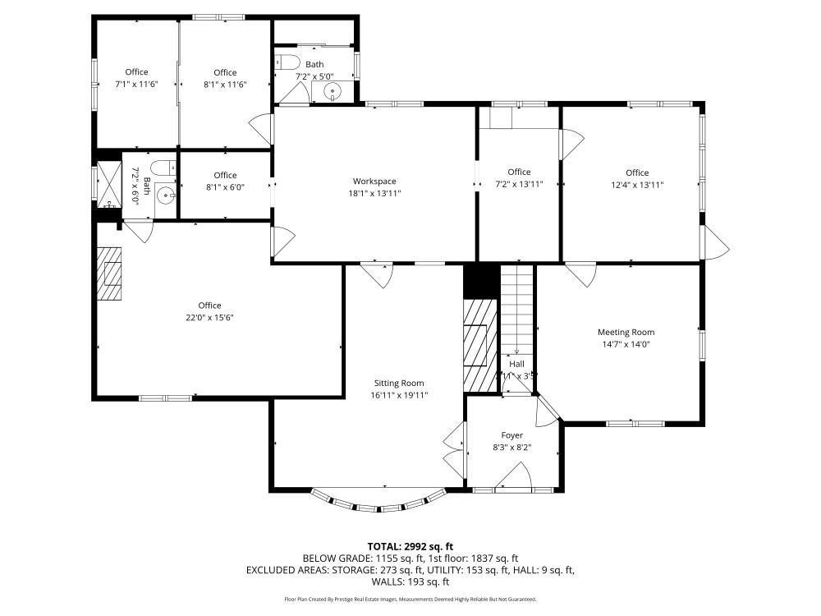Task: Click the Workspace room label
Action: pos(374,182)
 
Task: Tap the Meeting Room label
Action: pos(626,333)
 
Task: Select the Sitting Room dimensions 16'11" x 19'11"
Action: pos(399,395)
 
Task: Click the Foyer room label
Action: pos(512,435)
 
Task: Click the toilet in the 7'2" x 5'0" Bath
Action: pos(287,61)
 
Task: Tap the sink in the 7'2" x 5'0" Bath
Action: pos(333,90)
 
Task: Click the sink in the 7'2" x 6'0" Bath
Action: pos(164,195)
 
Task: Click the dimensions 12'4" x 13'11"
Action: pos(637,185)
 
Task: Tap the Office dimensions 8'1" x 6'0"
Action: pos(225,186)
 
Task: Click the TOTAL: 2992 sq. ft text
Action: pos(410,546)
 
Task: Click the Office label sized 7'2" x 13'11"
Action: pos(519,172)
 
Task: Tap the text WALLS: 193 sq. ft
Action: pos(410,582)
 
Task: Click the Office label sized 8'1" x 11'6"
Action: pos(225,72)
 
